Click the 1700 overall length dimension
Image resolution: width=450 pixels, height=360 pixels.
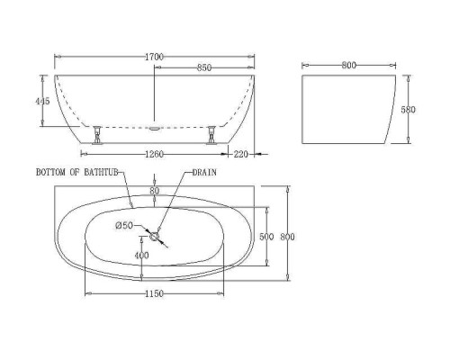155,57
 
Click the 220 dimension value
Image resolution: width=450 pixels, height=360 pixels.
241,154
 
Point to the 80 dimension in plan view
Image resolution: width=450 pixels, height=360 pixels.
155,190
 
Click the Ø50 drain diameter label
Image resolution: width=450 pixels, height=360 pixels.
126,224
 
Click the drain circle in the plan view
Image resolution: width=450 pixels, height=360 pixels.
156,237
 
